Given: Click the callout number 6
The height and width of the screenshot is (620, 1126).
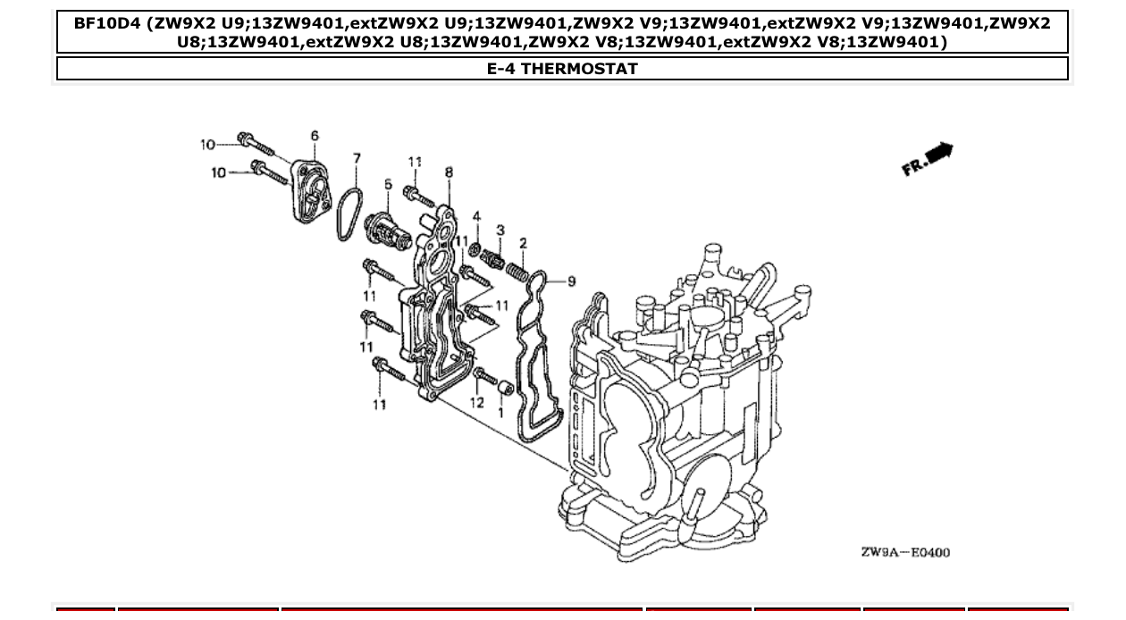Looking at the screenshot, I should coord(315,136).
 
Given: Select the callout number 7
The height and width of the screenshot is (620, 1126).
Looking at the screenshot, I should coord(357,158).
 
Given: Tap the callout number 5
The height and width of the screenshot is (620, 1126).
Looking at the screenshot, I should coord(388,184).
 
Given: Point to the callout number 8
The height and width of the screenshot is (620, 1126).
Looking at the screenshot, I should coord(448,172).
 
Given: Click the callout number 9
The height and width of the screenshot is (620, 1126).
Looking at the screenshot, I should coord(572,281).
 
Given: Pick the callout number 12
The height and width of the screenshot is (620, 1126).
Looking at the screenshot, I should coord(476,402).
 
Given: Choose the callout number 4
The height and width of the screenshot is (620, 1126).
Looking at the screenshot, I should coord(476,216).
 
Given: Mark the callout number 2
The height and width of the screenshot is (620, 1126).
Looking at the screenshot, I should coord(523,242).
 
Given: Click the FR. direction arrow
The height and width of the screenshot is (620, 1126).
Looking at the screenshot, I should coord(929,160).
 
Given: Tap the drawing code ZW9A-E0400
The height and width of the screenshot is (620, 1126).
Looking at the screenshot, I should coord(905,552).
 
